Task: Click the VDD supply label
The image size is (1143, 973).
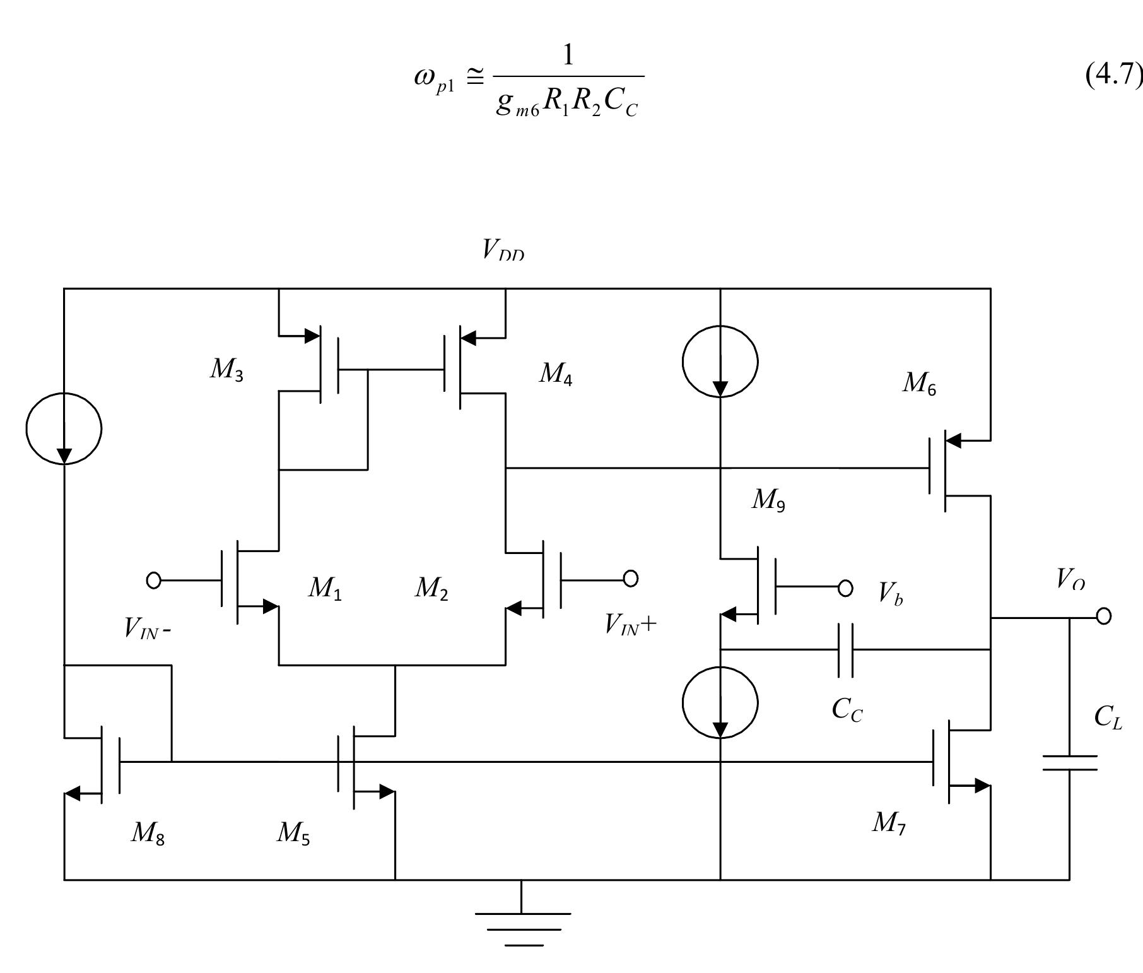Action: [x=503, y=250]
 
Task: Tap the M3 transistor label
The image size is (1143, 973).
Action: [x=226, y=370]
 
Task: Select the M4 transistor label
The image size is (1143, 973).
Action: [x=555, y=374]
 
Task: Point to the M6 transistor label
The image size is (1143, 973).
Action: [x=919, y=383]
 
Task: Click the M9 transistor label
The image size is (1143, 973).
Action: [x=768, y=500]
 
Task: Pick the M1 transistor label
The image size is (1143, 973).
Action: [x=325, y=589]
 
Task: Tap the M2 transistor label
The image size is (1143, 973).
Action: [x=431, y=589]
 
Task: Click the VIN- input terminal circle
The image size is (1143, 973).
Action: [x=153, y=580]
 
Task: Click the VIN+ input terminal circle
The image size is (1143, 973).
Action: [x=630, y=578]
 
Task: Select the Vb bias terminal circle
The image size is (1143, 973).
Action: [x=845, y=588]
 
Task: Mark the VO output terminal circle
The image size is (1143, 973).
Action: [x=1103, y=616]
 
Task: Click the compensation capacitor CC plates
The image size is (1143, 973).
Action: [x=846, y=650]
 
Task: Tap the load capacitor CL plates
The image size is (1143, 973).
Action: [x=1070, y=763]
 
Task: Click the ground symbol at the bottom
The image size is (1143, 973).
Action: [x=523, y=928]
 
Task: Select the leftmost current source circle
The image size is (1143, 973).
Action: [x=64, y=428]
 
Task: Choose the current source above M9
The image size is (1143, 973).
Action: [x=720, y=362]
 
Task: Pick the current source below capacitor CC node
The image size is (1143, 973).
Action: [x=720, y=703]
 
